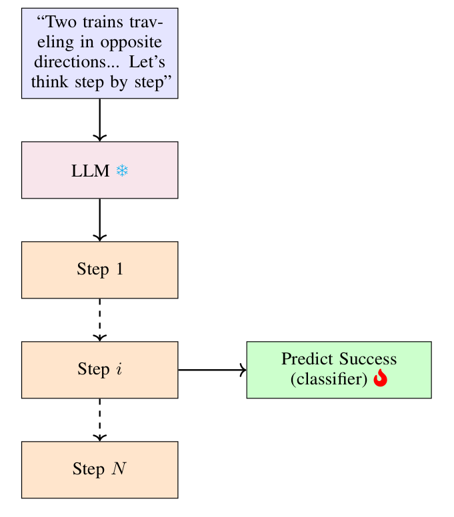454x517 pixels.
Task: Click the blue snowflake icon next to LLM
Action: pyautogui.click(x=122, y=171)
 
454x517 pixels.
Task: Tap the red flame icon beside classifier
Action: pyautogui.click(x=380, y=378)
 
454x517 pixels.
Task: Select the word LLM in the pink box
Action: pyautogui.click(x=90, y=171)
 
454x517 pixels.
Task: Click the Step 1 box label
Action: pyautogui.click(x=99, y=270)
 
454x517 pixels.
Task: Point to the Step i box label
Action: pyautogui.click(x=99, y=370)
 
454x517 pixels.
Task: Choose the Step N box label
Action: pyautogui.click(x=99, y=469)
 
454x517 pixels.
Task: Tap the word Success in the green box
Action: pyautogui.click(x=368, y=360)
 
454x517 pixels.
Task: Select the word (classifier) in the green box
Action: pyautogui.click(x=330, y=378)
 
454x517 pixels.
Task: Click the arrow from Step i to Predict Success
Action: pyautogui.click(x=212, y=370)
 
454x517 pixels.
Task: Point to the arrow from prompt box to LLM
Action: pyautogui.click(x=99, y=120)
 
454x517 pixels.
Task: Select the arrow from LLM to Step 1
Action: pyautogui.click(x=99, y=220)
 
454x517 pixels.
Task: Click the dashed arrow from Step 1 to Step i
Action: pyautogui.click(x=99, y=320)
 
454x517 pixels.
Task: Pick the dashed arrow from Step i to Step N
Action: pyautogui.click(x=99, y=420)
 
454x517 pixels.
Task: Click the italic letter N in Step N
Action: pyautogui.click(x=119, y=469)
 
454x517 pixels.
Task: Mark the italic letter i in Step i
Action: pyautogui.click(x=119, y=370)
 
